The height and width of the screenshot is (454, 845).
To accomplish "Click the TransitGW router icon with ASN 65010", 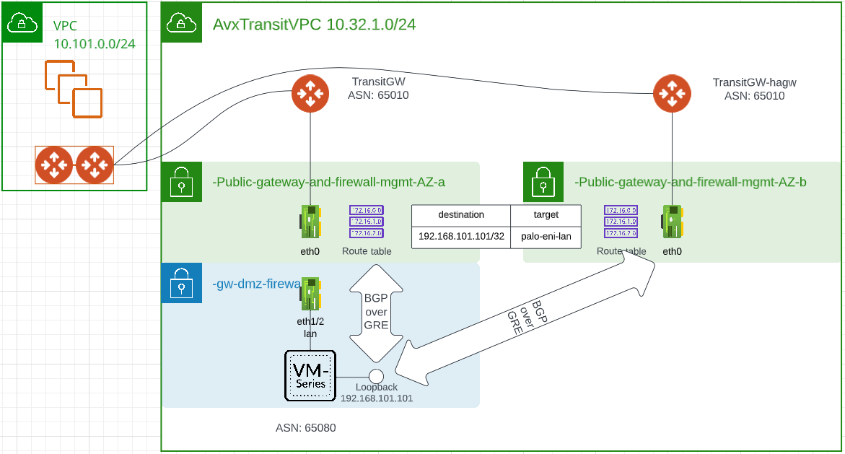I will (x=310, y=94).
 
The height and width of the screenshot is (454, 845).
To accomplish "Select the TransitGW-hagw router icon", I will (x=672, y=94).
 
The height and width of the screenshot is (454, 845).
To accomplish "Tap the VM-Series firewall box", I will (x=310, y=375).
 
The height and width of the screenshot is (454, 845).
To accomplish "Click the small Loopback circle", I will (x=376, y=376).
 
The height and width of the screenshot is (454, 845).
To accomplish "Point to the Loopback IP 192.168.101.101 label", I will (x=377, y=398).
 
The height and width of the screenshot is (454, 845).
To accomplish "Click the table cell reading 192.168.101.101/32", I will (x=461, y=237).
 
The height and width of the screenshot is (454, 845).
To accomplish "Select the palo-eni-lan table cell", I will (x=546, y=237).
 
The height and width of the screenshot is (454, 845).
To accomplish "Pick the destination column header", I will (x=461, y=215).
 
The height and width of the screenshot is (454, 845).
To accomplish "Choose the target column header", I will (x=546, y=215).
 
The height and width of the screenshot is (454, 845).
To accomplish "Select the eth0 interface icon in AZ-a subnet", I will (x=310, y=222).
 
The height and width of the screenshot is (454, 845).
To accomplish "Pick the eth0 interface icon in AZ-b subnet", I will (x=673, y=222).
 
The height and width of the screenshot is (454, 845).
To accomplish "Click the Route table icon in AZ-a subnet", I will (x=367, y=222).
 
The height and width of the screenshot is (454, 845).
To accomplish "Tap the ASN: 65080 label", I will (x=305, y=428).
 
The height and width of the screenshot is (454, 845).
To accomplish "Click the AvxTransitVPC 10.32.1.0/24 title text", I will (x=314, y=25).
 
